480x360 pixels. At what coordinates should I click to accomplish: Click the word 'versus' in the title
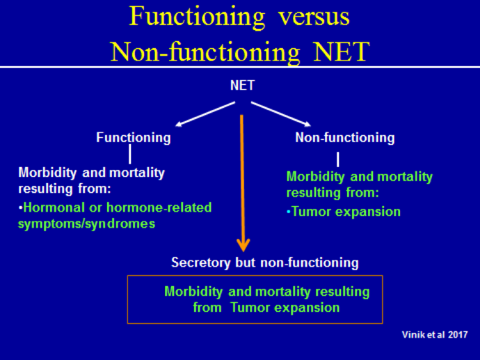(314, 17)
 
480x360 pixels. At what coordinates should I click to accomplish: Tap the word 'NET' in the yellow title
(341, 52)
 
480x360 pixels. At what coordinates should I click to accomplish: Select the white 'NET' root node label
(242, 85)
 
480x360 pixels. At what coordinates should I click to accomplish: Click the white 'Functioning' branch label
(134, 138)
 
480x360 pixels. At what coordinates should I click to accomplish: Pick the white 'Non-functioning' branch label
(345, 137)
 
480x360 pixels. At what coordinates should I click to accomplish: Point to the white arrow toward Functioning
(205, 114)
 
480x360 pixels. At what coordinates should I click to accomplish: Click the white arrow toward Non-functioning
(281, 114)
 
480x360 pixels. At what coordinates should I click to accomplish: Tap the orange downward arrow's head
(243, 245)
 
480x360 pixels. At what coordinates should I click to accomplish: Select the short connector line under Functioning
(130, 154)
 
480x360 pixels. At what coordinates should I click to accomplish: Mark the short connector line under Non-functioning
(338, 159)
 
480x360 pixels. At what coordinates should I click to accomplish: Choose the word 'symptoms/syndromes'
(86, 224)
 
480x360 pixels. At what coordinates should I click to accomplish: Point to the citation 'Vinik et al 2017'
(435, 334)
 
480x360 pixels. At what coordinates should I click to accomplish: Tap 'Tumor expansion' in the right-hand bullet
(346, 212)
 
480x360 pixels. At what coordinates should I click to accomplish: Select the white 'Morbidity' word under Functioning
(47, 173)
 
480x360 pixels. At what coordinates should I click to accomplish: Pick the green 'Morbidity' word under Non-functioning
(316, 176)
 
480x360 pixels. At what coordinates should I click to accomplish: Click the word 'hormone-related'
(159, 208)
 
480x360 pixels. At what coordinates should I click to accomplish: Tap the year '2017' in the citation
(458, 334)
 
